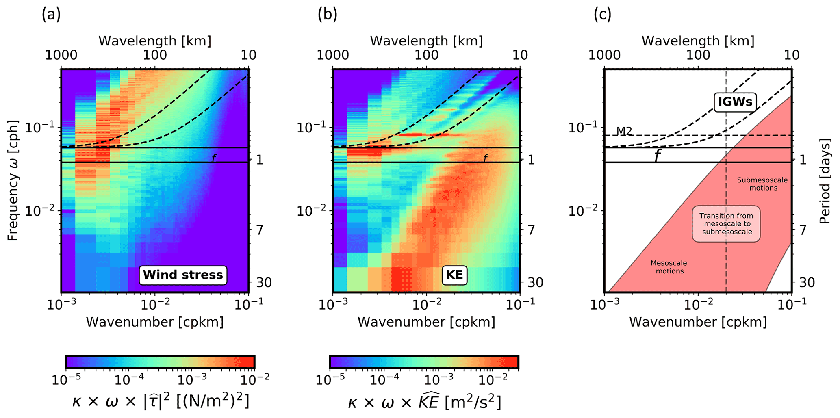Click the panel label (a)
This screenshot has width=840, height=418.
point(51,15)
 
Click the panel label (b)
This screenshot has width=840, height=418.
point(328,15)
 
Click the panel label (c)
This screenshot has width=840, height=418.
point(602,15)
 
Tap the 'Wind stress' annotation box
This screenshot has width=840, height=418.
point(183,275)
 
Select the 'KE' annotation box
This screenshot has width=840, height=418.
point(454,275)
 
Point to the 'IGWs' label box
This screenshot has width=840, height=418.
point(735,102)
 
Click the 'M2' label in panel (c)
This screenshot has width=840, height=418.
point(624,131)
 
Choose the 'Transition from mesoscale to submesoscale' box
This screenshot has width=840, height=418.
point(726,224)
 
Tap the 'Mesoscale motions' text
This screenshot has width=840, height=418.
point(669,267)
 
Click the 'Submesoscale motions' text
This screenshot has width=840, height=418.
point(762,184)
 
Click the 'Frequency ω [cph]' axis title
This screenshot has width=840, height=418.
point(13,180)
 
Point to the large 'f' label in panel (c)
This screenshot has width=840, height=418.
point(657,156)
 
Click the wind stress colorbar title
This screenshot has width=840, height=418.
point(161,401)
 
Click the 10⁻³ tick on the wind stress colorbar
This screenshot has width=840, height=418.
point(192,380)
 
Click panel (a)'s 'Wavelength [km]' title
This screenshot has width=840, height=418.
point(155,41)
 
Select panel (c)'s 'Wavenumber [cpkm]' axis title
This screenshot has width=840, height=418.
point(698,322)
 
